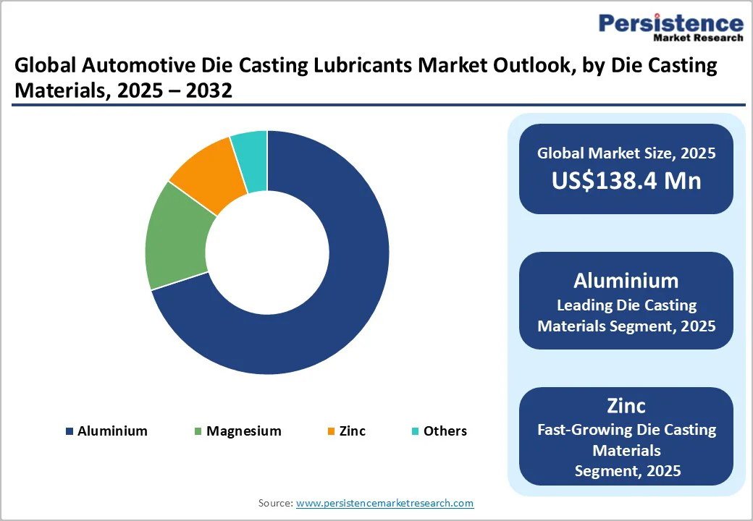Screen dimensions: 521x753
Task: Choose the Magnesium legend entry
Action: pyautogui.click(x=237, y=431)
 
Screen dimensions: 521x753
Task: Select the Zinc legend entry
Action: pyautogui.click(x=346, y=431)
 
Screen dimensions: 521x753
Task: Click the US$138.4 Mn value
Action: pyautogui.click(x=626, y=180)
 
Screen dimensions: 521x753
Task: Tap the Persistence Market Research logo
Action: pyautogui.click(x=670, y=27)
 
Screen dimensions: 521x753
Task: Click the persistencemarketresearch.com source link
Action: pyautogui.click(x=384, y=503)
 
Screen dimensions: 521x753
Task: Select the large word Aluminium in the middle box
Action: pyautogui.click(x=626, y=281)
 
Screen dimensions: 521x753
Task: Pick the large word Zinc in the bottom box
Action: pyautogui.click(x=626, y=405)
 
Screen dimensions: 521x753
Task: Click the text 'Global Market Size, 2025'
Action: pyautogui.click(x=626, y=153)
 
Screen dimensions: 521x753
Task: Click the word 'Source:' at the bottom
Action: pyautogui.click(x=275, y=503)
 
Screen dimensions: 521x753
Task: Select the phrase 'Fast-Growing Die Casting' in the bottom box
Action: pyautogui.click(x=626, y=430)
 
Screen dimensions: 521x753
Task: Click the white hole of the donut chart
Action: pyautogui.click(x=267, y=253)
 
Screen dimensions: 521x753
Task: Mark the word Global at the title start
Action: pyautogui.click(x=45, y=67)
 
